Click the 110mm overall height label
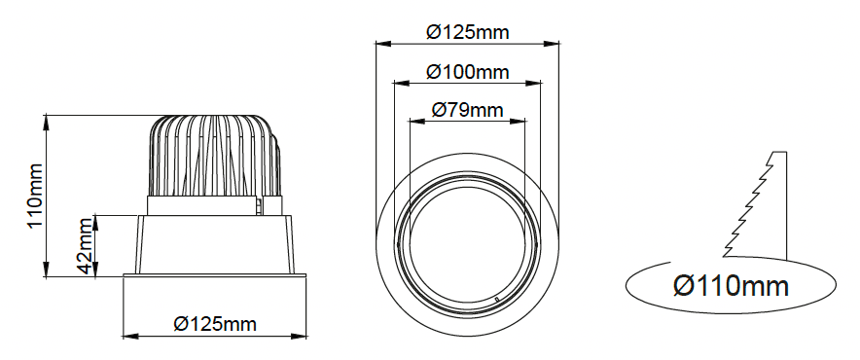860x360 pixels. pos(35,196)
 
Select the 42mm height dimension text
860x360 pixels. pos(85,246)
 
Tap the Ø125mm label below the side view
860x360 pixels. pos(215,324)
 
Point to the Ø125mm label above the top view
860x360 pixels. pos(467,32)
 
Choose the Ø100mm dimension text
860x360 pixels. pos(467,72)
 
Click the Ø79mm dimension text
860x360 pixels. pos(467,110)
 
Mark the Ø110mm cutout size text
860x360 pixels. pos(732,286)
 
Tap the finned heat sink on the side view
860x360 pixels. pos(214,156)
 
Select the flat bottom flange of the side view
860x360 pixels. pos(214,275)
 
